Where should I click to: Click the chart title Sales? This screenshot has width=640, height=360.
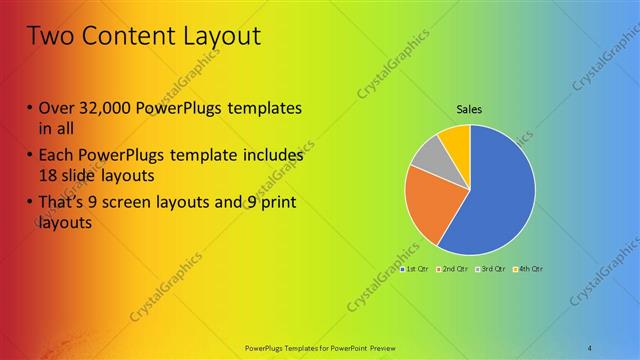470,109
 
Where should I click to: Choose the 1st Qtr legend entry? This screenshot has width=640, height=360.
413,269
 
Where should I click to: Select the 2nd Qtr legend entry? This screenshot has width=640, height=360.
452,269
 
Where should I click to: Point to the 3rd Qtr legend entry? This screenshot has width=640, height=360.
490,269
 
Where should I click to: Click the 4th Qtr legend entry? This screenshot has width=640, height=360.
528,269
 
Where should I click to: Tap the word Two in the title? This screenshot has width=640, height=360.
50,37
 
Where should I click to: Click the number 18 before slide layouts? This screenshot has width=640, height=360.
49,176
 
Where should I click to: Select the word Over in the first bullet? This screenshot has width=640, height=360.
57,108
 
